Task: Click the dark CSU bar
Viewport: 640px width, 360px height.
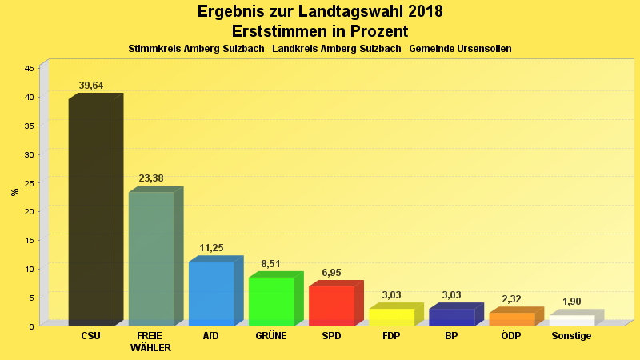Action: pyautogui.click(x=91, y=212)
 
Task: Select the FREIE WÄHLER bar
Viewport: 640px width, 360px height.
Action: pyautogui.click(x=151, y=258)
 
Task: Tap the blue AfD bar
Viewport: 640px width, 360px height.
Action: pyautogui.click(x=211, y=293)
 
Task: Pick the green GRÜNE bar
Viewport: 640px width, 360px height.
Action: pyautogui.click(x=271, y=301)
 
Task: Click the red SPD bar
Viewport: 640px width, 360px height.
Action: pyautogui.click(x=331, y=306)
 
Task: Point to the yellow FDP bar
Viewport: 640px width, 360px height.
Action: pyautogui.click(x=391, y=317)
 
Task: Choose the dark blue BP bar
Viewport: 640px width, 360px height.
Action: pyautogui.click(x=451, y=317)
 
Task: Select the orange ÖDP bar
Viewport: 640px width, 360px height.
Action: pyautogui.click(x=511, y=318)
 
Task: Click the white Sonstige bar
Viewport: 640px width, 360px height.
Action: pyautogui.click(x=571, y=320)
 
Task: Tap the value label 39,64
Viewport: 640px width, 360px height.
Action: pyautogui.click(x=91, y=86)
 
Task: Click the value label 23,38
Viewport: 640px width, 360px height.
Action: pyautogui.click(x=151, y=178)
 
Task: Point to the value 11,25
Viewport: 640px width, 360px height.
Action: pyautogui.click(x=211, y=248)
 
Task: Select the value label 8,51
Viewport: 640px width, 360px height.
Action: pyautogui.click(x=271, y=263)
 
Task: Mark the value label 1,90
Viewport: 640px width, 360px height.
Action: pyautogui.click(x=571, y=302)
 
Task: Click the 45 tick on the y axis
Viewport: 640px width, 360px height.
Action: pyautogui.click(x=29, y=69)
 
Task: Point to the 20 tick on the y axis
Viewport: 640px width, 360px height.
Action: pyautogui.click(x=29, y=211)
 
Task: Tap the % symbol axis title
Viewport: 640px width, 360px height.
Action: pyautogui.click(x=14, y=192)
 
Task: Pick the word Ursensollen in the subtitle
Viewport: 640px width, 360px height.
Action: pyautogui.click(x=482, y=49)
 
